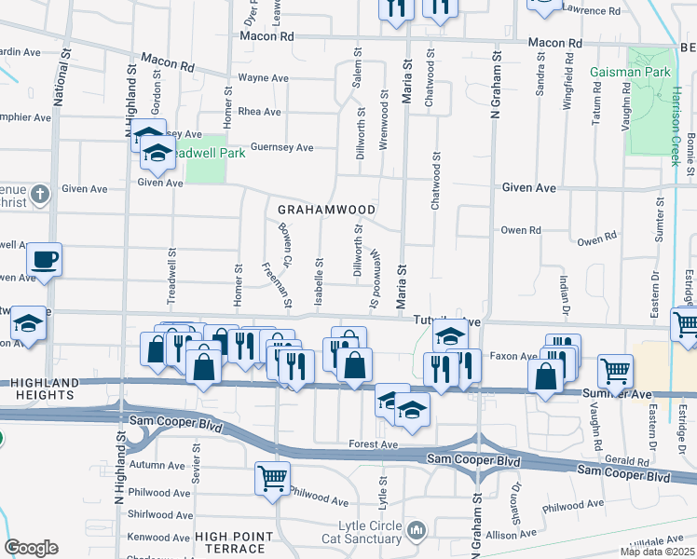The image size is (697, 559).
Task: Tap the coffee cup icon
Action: [x=43, y=260]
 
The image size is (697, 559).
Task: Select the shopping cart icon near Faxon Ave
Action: [x=615, y=370]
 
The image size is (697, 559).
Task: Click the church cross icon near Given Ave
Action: [x=39, y=195]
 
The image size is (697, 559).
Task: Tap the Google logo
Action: [x=31, y=547]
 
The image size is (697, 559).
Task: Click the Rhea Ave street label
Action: [x=260, y=112]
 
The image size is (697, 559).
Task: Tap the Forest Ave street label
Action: [x=375, y=445]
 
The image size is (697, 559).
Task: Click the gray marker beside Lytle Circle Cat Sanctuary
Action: [x=416, y=531]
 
